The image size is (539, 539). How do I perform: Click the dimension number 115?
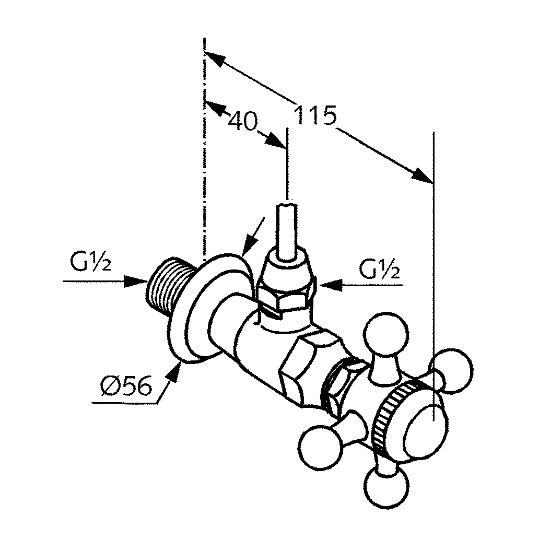[314, 116]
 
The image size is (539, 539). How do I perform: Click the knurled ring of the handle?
[389, 418]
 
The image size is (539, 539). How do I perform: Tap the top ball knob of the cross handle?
[380, 334]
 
